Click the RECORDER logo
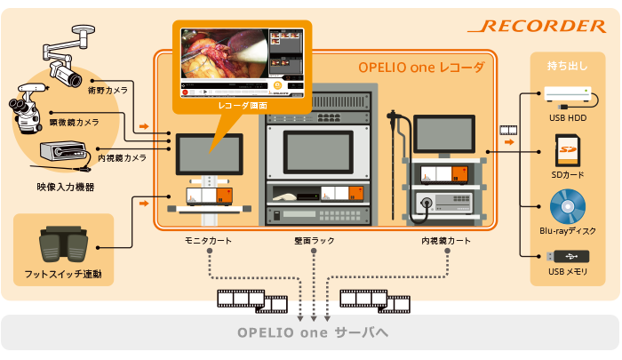point(537,26)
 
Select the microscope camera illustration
point(27,108)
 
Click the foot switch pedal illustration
point(63,244)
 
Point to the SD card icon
point(568,150)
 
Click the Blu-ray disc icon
point(568,206)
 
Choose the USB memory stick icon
point(568,256)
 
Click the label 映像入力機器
point(66,187)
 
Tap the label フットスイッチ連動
point(63,274)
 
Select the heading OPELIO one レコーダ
point(421,68)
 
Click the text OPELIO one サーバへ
point(313,332)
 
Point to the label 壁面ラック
point(315,241)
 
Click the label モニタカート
point(208,241)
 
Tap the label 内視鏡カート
point(446,241)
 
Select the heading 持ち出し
point(567,66)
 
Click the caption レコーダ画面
point(243,106)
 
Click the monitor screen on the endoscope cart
point(444,134)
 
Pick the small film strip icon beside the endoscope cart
point(508,130)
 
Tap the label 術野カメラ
point(108,91)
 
